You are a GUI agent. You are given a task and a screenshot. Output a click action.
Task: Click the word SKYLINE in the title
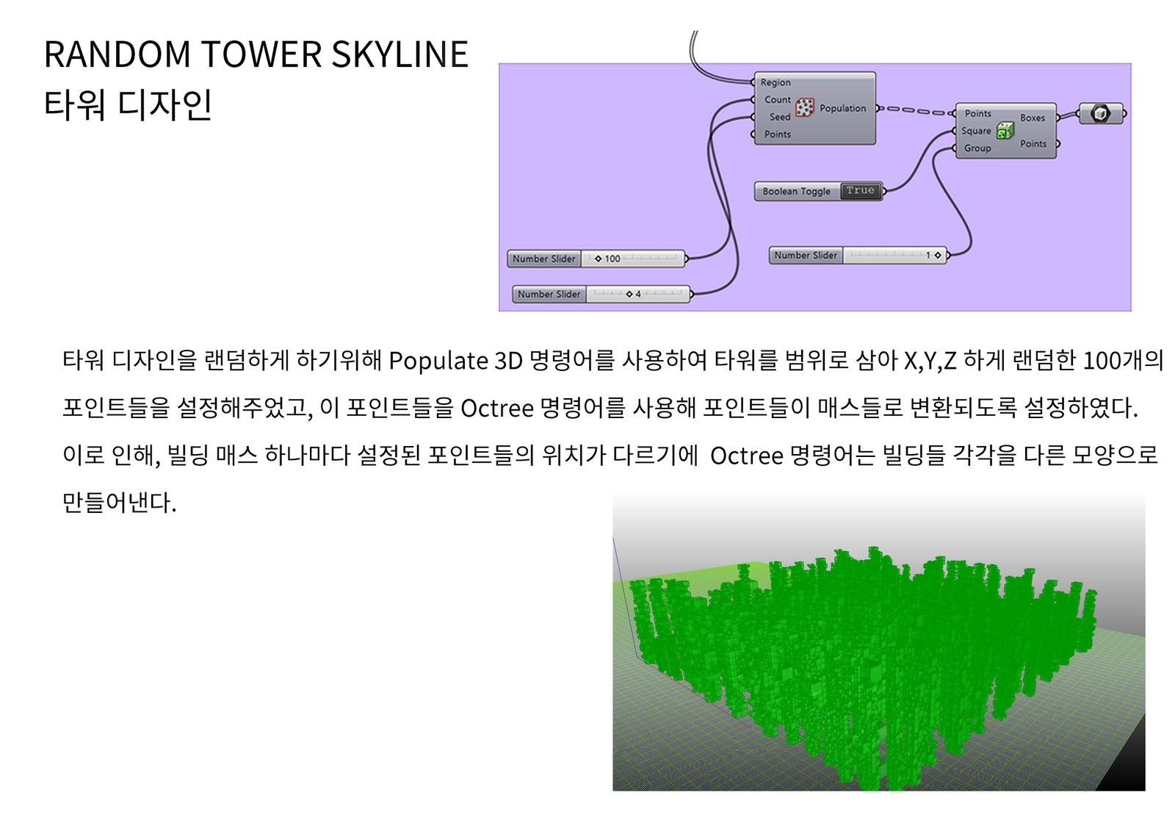(399, 54)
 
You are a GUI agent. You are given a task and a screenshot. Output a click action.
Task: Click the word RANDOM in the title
(117, 54)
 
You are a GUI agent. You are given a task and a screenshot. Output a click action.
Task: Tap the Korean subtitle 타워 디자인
(128, 104)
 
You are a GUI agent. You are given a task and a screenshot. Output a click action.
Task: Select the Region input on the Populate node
(775, 82)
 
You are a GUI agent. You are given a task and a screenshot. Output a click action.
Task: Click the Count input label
(778, 100)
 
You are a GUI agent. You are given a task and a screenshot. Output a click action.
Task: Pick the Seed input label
(779, 117)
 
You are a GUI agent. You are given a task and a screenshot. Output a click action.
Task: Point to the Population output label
(843, 108)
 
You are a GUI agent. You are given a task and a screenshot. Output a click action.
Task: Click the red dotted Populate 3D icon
(805, 107)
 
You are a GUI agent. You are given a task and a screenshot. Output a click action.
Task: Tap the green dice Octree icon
(1005, 130)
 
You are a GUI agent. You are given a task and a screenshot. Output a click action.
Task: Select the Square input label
(976, 131)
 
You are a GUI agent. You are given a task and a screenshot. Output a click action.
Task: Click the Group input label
(977, 148)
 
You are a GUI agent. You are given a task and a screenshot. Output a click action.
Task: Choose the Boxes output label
(1033, 118)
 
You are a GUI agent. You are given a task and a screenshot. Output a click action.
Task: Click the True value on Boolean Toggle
(860, 190)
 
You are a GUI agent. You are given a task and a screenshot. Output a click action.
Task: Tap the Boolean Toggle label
(796, 192)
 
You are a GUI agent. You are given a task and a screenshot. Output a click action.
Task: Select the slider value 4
(638, 295)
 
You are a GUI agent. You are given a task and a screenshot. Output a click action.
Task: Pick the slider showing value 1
(858, 256)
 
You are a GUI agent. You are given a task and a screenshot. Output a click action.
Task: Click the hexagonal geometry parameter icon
(1101, 113)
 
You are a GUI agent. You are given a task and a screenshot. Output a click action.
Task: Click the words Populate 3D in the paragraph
(455, 361)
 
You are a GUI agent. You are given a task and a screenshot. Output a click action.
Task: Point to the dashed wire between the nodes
(916, 111)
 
